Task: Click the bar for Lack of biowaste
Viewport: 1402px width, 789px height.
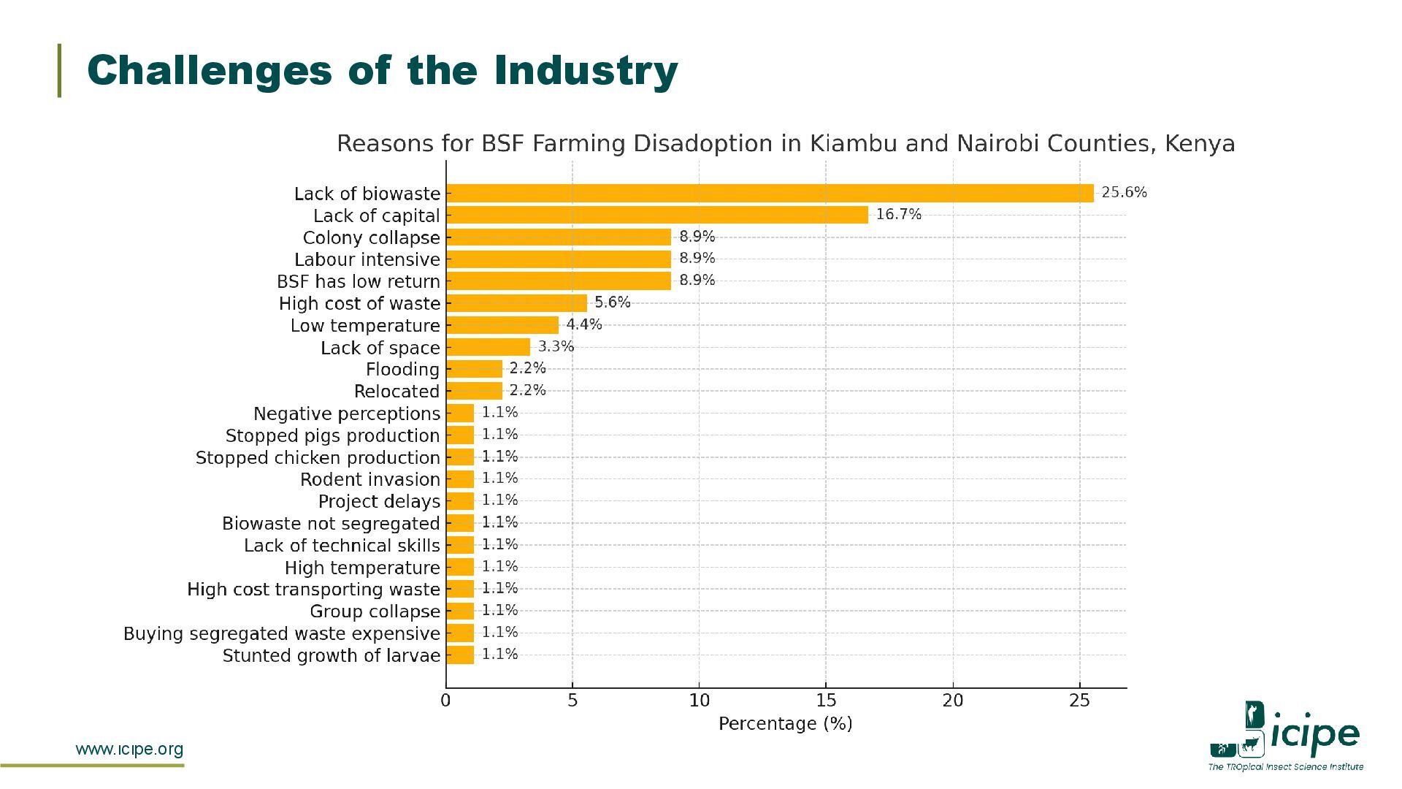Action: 770,194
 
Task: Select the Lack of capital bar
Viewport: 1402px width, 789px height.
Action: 657,216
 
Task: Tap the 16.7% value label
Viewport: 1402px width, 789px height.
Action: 899,215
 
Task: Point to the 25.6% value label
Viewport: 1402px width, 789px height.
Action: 1125,193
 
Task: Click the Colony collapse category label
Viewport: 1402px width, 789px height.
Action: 372,238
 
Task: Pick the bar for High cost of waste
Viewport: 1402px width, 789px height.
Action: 516,303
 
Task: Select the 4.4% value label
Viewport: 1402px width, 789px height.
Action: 584,324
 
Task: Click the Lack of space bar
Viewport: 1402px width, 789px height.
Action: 488,347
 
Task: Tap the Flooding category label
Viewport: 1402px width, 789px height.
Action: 402,370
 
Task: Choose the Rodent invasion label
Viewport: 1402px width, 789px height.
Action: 370,480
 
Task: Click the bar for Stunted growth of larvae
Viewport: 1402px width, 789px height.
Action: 460,655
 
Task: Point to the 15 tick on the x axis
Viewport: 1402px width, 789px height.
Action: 826,701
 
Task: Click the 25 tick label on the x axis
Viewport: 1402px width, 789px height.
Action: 1079,701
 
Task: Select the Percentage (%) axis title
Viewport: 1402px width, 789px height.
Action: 786,724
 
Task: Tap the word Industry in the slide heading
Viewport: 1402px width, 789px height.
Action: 586,71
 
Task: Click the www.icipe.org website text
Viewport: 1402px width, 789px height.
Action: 130,750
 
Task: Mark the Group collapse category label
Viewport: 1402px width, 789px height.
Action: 375,611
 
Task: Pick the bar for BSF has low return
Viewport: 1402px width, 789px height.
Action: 559,281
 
